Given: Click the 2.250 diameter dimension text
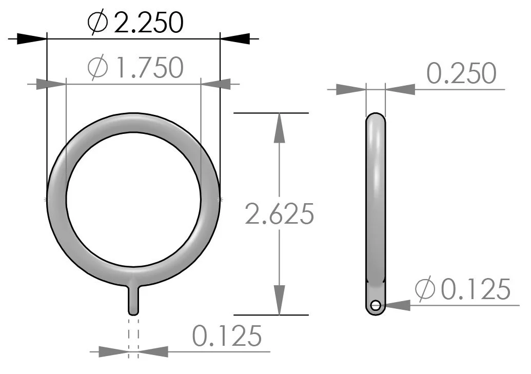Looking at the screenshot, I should [x=148, y=23].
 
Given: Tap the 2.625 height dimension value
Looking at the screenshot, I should [x=279, y=214].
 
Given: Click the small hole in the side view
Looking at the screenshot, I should [x=376, y=306].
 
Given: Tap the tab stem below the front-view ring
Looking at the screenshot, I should [x=133, y=300].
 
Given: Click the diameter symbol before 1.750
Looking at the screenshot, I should [x=97, y=68].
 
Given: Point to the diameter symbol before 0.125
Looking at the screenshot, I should [x=425, y=290].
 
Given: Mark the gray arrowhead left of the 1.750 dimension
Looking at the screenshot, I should [x=51, y=83].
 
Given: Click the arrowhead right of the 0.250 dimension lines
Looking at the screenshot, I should [x=400, y=89].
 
